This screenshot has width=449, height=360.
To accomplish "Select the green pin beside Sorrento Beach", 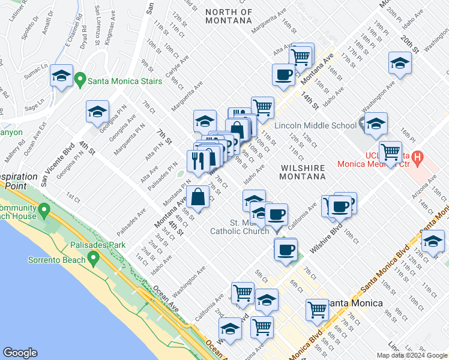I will tap(92, 259).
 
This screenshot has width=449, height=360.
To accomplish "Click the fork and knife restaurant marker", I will tap(197, 160).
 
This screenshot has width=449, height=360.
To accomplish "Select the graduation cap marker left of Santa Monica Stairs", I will tap(61, 76).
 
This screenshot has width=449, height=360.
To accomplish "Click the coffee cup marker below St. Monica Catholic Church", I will tap(286, 248).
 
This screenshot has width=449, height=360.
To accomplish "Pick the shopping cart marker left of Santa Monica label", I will tap(317, 310).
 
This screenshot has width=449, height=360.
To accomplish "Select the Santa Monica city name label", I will tap(358, 303).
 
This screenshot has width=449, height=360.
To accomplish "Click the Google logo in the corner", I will tap(20, 353).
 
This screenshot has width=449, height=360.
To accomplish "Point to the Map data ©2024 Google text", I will tap(411, 355).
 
